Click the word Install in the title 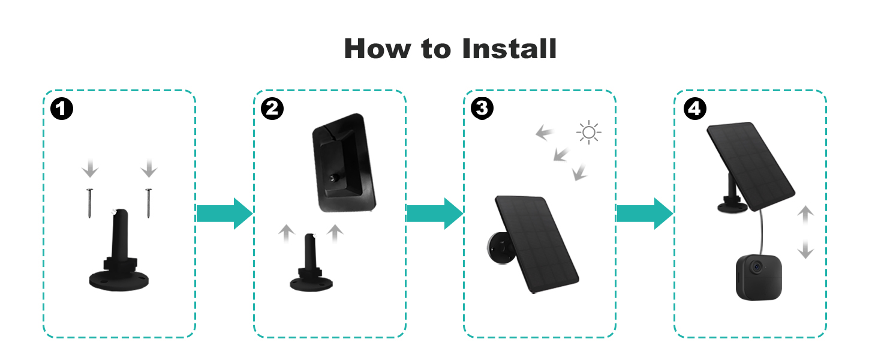[509, 48]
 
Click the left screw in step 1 [89, 203]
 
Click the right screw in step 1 [148, 203]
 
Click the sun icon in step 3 [588, 132]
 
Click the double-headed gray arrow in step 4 [807, 233]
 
